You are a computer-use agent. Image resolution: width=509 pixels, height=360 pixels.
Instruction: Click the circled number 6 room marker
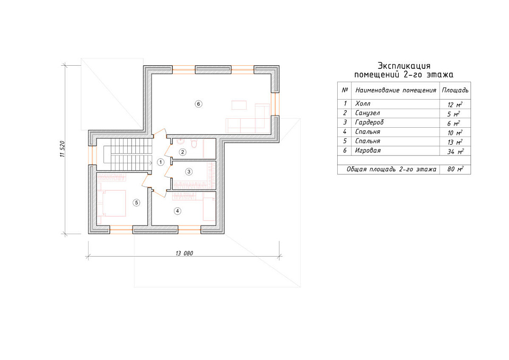click(198, 104)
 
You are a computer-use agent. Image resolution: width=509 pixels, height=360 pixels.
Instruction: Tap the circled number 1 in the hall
click(160, 162)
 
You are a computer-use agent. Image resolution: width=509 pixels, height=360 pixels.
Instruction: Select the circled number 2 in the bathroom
click(183, 152)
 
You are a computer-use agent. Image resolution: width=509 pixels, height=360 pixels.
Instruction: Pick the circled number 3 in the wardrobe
click(189, 172)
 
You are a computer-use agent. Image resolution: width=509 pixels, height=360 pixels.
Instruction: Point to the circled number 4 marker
click(177, 211)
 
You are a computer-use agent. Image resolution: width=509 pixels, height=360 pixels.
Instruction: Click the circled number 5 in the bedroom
click(136, 203)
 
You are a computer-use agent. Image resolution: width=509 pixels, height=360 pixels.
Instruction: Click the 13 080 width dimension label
click(184, 253)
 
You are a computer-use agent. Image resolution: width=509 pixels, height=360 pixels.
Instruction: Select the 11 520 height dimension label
click(63, 149)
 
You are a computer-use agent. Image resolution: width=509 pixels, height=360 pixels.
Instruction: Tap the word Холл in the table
click(363, 103)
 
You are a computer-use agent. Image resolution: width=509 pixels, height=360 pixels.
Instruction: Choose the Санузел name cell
click(367, 113)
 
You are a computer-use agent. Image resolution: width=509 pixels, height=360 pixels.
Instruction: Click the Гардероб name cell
click(370, 122)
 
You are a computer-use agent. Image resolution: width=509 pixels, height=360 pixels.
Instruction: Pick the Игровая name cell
click(368, 151)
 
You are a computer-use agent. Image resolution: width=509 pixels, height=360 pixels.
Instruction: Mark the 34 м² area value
click(455, 151)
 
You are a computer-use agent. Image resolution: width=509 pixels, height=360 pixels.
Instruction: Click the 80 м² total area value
click(455, 169)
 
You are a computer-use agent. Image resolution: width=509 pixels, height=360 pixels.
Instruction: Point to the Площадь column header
click(455, 90)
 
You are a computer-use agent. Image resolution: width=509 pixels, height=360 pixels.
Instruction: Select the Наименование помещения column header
click(396, 90)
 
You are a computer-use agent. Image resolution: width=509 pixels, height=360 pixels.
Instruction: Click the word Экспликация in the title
click(404, 66)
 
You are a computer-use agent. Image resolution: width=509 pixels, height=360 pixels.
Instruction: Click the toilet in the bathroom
click(194, 143)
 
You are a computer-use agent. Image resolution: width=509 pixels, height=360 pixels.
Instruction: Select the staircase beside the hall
click(128, 154)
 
